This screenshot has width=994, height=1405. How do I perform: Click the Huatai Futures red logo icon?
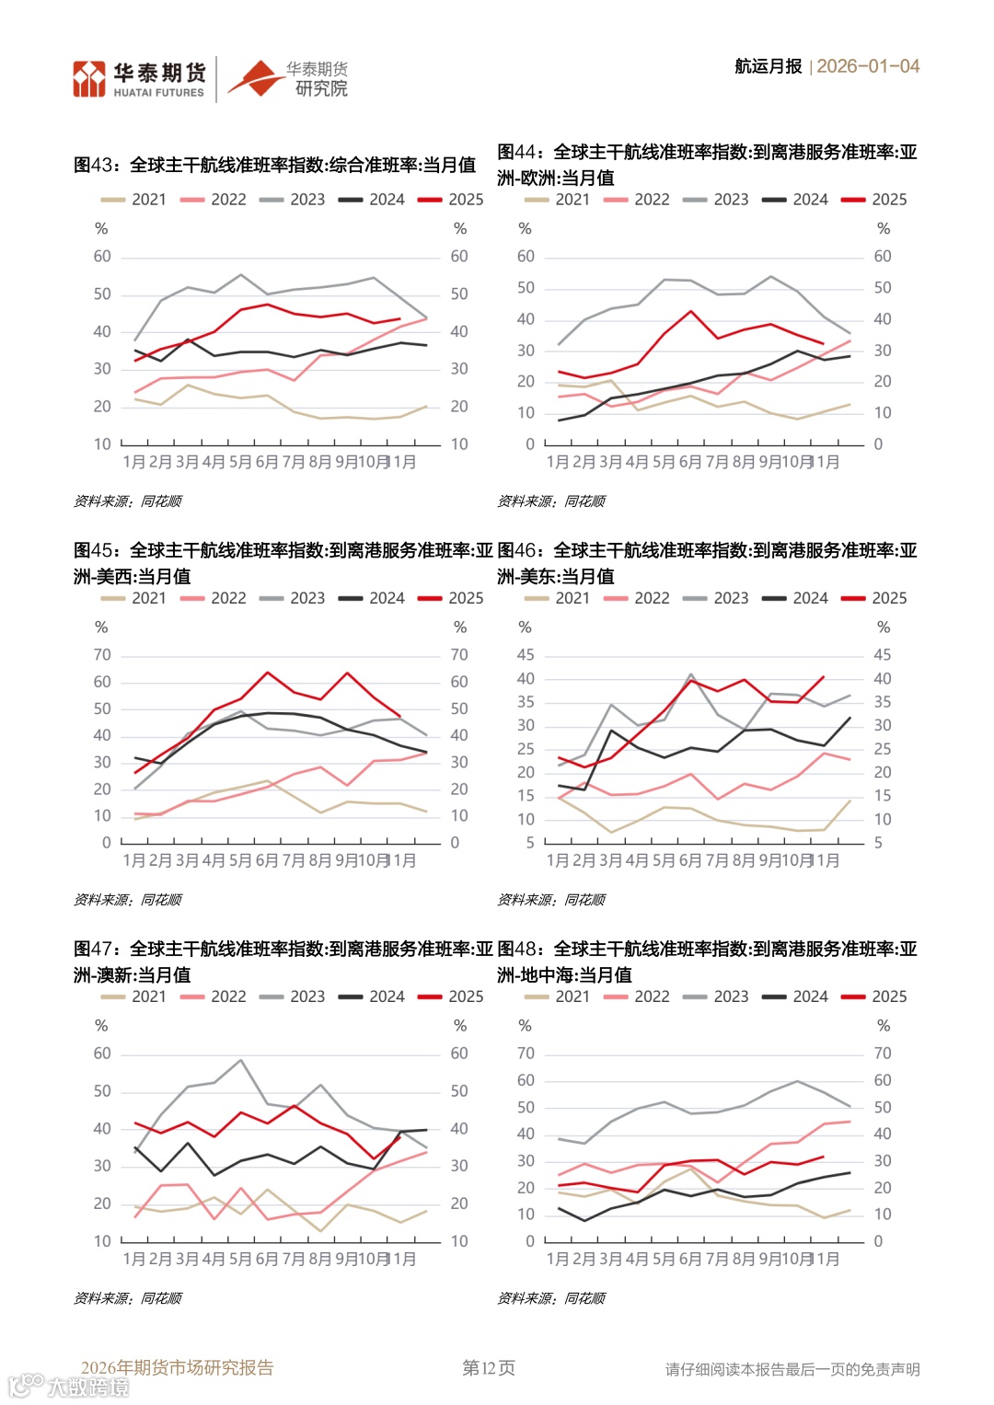[89, 79]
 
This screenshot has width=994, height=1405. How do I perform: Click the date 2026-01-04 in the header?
[868, 66]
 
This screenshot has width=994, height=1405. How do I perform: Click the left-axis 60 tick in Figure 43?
[102, 256]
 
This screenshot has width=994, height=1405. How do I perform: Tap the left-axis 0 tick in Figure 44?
[529, 444]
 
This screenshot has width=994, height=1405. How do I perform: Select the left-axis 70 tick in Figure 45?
[102, 655]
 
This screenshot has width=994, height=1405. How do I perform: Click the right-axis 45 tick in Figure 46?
[882, 655]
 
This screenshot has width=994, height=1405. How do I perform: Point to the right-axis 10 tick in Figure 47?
[458, 1241]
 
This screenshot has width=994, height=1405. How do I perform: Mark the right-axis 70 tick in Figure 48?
[882, 1054]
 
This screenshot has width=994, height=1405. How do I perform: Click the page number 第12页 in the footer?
[488, 1368]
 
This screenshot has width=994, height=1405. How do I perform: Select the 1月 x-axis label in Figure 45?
[134, 860]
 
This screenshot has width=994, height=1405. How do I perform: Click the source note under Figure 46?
[551, 900]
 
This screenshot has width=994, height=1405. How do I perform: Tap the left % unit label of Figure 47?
[101, 1026]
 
